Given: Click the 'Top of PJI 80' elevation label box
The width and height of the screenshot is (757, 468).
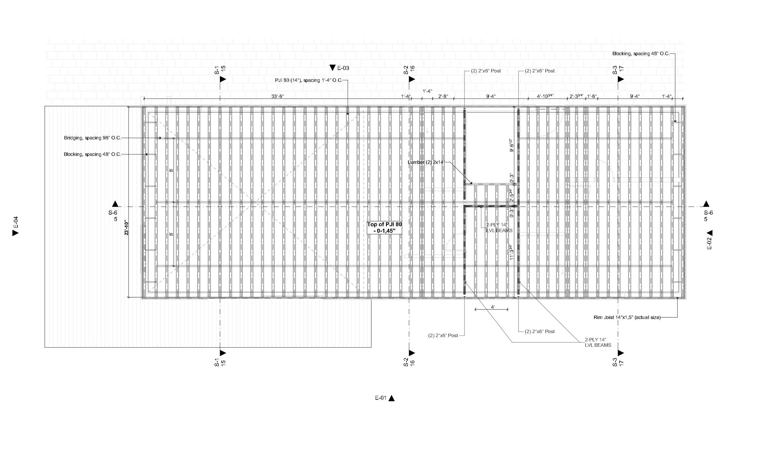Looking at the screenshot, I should click(x=384, y=228).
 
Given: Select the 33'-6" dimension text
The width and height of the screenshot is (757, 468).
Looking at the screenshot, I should click(x=277, y=96).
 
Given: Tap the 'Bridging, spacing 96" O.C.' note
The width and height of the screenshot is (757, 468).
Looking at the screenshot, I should click(x=93, y=138).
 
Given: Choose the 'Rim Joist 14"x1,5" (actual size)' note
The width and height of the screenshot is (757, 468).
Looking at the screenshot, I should click(x=627, y=317).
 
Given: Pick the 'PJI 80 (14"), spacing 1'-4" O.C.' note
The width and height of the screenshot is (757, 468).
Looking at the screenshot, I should click(x=308, y=80).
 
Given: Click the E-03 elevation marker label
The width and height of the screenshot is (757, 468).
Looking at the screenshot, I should click(x=343, y=68).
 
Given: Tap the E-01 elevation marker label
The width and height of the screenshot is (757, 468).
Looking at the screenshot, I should click(x=381, y=398).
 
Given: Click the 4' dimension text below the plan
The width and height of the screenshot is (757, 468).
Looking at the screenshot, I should click(x=492, y=307).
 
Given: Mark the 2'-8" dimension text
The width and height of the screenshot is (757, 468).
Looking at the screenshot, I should click(x=443, y=96).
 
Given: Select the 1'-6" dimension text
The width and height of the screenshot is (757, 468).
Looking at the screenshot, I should click(x=591, y=96).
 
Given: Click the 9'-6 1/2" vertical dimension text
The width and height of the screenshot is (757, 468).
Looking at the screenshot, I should click(x=511, y=145).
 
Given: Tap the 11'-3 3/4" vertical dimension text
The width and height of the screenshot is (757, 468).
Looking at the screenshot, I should click(x=511, y=252).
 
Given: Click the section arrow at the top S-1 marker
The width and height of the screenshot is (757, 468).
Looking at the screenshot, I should click(x=223, y=79).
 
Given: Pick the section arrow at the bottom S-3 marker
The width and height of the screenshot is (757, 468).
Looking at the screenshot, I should click(x=621, y=353).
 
